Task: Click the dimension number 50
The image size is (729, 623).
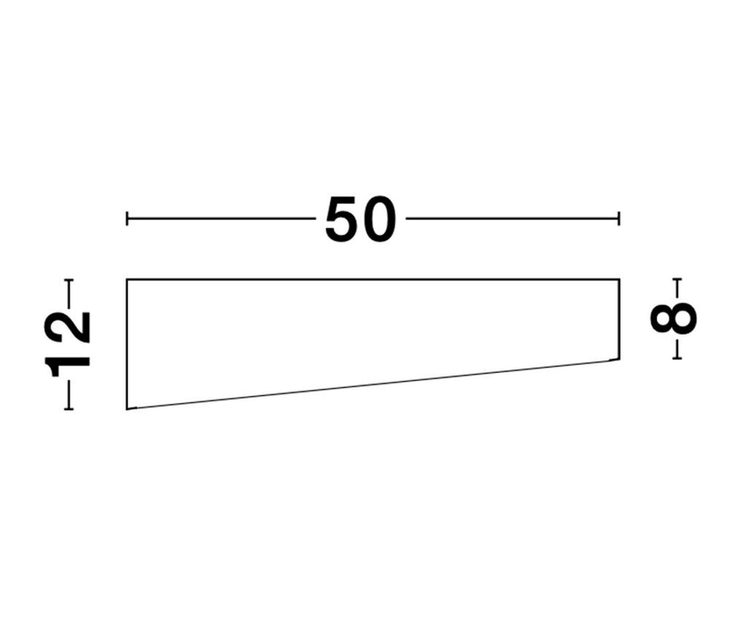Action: (x=361, y=219)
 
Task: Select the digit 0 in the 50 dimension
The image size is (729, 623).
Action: (x=379, y=219)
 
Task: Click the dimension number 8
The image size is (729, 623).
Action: (x=674, y=318)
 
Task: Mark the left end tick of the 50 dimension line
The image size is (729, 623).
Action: (x=128, y=219)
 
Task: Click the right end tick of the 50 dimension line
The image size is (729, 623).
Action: (x=619, y=219)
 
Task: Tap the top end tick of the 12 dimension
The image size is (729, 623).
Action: (x=69, y=280)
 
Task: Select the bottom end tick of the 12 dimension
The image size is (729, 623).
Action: (x=69, y=409)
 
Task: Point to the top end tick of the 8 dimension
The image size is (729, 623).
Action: (x=677, y=279)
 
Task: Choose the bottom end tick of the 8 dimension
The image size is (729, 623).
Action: (x=677, y=358)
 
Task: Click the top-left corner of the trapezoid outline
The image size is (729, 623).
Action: (x=127, y=279)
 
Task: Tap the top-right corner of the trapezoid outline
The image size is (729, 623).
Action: (x=619, y=279)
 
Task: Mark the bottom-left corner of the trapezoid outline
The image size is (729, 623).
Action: (x=127, y=410)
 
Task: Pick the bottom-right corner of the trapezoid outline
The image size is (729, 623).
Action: (x=619, y=359)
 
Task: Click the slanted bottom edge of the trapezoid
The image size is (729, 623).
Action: (x=373, y=385)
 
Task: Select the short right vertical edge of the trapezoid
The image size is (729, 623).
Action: (x=619, y=319)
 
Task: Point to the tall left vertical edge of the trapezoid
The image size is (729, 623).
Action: (x=127, y=344)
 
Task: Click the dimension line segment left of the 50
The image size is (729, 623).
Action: (x=222, y=219)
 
